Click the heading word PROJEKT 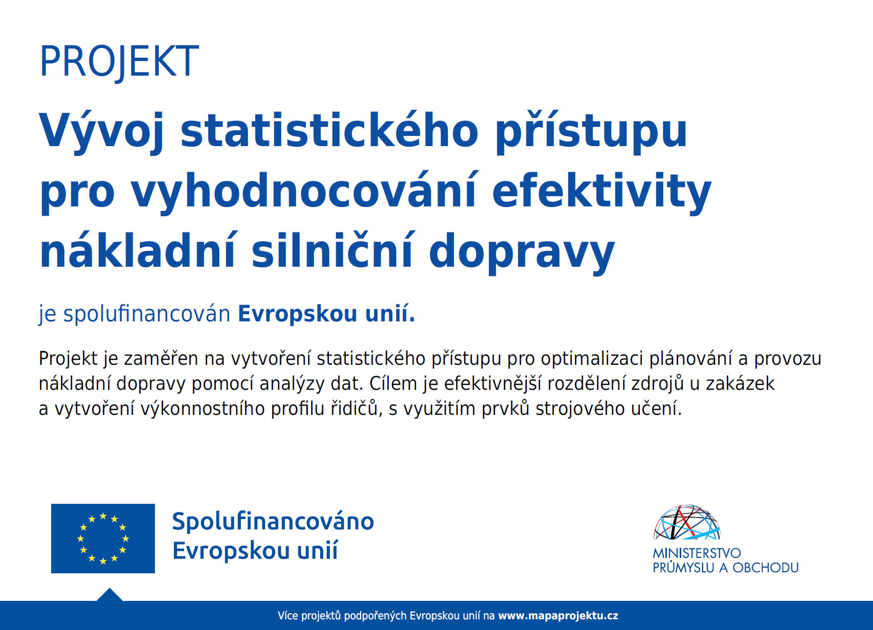point(119,61)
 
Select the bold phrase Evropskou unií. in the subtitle point(327,314)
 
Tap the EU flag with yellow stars point(103,539)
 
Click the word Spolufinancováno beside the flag point(273,522)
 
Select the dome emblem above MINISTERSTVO point(687,523)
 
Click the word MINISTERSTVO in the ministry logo point(697,553)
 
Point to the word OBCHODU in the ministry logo point(766,568)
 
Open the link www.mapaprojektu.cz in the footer point(558,616)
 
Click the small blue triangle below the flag point(109,595)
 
